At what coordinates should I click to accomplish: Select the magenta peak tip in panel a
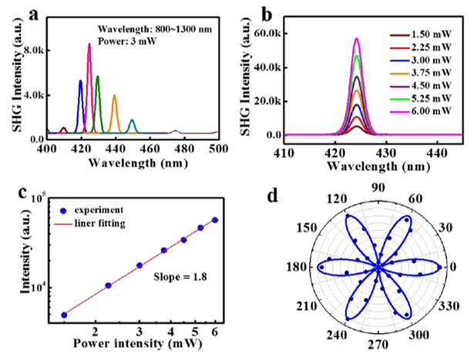(x=89, y=45)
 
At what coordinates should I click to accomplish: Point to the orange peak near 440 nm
(x=114, y=96)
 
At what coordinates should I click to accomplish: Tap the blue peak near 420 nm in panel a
(x=80, y=81)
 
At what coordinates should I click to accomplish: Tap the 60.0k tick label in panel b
(x=264, y=33)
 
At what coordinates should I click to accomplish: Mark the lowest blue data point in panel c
(x=64, y=315)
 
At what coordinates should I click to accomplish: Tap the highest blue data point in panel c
(x=214, y=220)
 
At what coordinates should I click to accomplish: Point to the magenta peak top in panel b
(x=356, y=39)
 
